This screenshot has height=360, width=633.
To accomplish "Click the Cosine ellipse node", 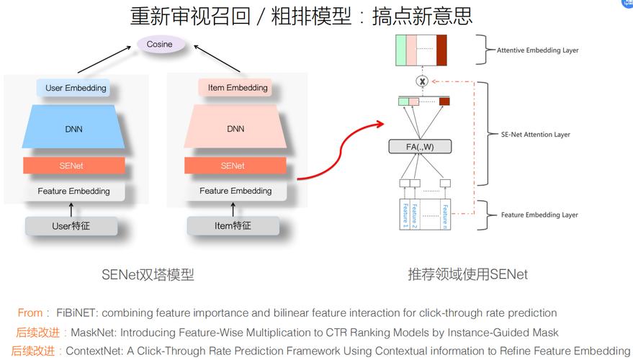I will [x=160, y=45].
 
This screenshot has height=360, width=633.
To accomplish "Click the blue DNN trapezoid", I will [x=73, y=129].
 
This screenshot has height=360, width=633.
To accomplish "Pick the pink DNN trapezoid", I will [x=235, y=129].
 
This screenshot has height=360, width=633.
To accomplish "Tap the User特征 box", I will [x=71, y=226].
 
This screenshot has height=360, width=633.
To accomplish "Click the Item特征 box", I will [x=233, y=226].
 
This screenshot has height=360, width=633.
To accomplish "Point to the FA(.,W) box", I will [x=420, y=147].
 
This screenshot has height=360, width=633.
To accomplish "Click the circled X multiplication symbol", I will [x=422, y=81].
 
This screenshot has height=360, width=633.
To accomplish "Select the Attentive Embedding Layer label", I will [x=537, y=50].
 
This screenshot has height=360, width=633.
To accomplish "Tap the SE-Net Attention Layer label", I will [x=535, y=135].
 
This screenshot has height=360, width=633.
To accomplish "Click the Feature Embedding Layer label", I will [x=539, y=215].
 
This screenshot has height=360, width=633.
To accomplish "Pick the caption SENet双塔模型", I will [x=148, y=274].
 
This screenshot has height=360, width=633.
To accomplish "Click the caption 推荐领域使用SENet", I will [x=467, y=274].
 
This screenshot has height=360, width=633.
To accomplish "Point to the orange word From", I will [x=31, y=313].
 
